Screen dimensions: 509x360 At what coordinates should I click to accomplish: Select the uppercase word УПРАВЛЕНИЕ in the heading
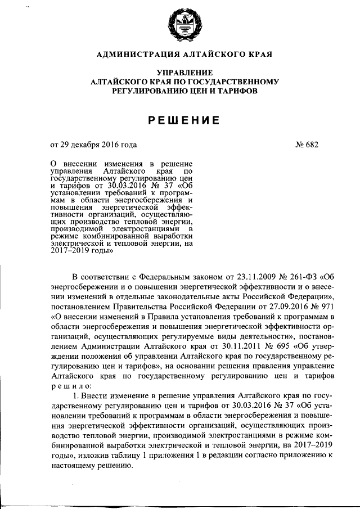coord(184,73)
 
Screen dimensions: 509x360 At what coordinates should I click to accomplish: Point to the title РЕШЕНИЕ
coord(184,120)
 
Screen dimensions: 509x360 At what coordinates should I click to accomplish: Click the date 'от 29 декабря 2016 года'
coord(93,145)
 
